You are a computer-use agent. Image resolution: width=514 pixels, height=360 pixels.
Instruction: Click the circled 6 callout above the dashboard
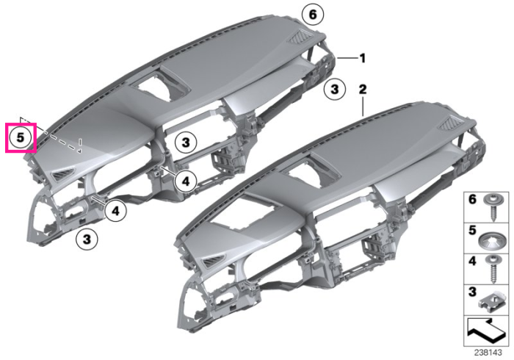(x=313, y=15)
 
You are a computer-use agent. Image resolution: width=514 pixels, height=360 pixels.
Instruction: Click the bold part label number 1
(x=362, y=58)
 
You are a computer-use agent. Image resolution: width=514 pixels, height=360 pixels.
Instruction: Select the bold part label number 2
(x=362, y=89)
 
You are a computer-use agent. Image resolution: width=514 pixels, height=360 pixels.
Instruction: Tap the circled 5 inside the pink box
(x=21, y=137)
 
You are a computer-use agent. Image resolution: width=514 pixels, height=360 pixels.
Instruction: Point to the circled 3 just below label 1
(x=334, y=89)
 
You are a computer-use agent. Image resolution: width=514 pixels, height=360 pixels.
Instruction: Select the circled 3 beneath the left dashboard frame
(x=87, y=239)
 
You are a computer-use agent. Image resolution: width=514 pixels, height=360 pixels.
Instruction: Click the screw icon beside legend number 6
(x=491, y=207)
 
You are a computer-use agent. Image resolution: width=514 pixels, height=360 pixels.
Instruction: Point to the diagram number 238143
(x=488, y=353)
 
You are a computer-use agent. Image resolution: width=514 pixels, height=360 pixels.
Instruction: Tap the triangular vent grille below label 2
(x=451, y=125)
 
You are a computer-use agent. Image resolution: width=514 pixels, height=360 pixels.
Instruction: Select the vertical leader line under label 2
(x=363, y=107)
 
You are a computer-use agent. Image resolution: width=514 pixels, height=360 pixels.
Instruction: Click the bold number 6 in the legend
(x=472, y=199)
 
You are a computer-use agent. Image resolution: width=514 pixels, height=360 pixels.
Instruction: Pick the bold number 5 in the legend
(x=472, y=230)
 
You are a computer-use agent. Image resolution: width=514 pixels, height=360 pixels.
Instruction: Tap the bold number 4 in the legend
(x=472, y=262)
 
